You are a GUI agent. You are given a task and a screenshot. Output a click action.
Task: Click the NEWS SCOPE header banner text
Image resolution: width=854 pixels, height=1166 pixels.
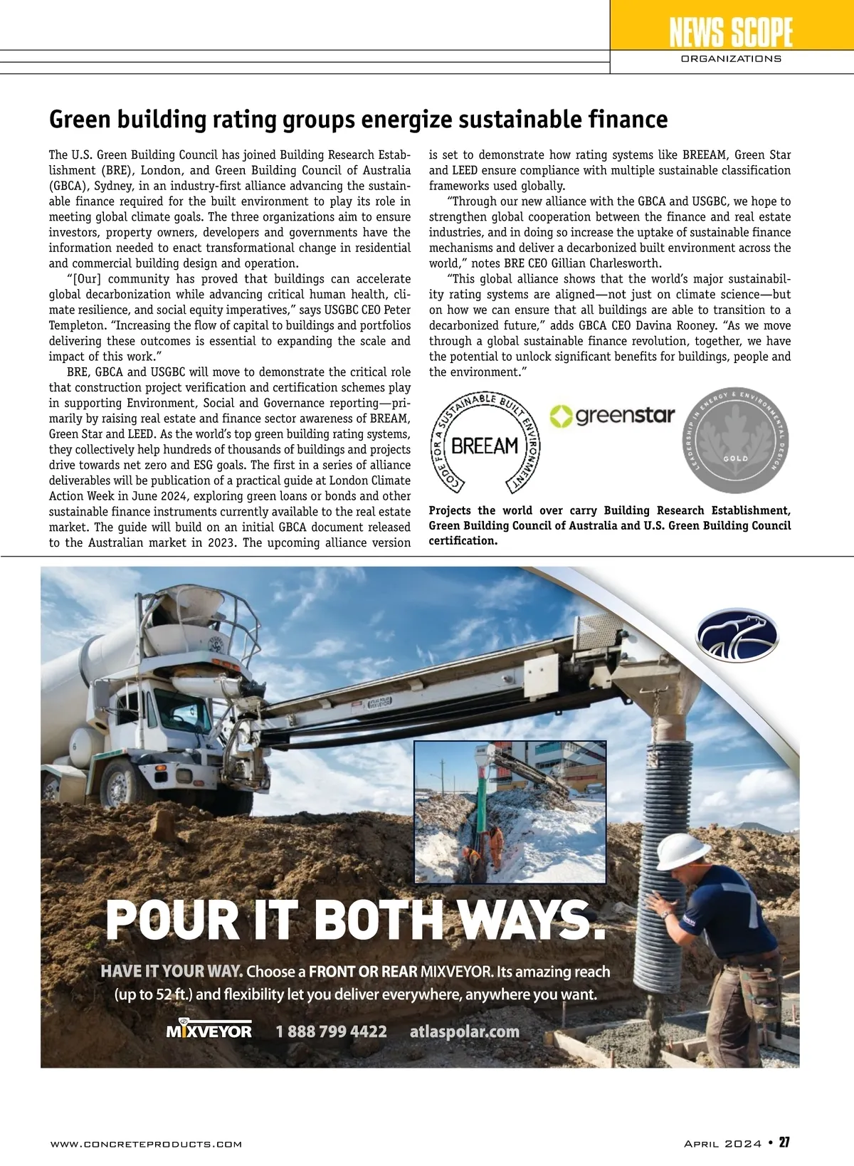[x=731, y=32]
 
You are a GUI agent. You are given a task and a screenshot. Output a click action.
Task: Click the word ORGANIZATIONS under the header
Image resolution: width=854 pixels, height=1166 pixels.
[x=731, y=59]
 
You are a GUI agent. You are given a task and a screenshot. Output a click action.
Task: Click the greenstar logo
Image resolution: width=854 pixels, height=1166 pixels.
[x=613, y=416]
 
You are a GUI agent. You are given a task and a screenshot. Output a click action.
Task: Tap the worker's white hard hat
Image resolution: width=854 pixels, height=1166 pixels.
[x=682, y=851]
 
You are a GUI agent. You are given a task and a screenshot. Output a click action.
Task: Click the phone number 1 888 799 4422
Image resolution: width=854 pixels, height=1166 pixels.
[x=331, y=1031]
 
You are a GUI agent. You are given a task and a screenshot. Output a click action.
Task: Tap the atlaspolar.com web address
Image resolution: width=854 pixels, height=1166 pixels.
[x=464, y=1031]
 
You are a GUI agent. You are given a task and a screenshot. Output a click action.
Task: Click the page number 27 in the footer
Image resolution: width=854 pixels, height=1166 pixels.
[x=784, y=1143]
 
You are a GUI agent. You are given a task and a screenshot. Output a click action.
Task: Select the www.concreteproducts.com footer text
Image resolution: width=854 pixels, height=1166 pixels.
[x=146, y=1144]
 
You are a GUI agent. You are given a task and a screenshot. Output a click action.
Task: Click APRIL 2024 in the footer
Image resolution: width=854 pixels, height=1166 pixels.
[x=722, y=1144]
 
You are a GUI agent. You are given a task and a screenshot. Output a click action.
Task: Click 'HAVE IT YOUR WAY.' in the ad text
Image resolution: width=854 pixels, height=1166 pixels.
[x=172, y=972]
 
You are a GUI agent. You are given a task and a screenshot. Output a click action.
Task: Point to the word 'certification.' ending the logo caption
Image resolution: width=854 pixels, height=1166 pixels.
[x=463, y=541]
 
